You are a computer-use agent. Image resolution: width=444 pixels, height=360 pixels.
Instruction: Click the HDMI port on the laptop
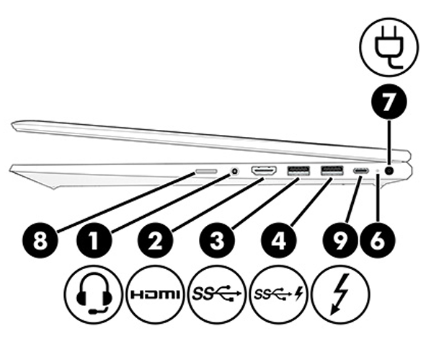coord(264,171)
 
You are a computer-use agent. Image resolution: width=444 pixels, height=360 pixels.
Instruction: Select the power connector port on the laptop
coord(390,171)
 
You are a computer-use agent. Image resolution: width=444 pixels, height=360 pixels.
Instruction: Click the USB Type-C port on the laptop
coord(360,172)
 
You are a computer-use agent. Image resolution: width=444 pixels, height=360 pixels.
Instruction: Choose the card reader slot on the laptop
coord(208,172)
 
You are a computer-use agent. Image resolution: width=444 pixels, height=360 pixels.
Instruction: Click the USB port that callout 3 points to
coord(297,171)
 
